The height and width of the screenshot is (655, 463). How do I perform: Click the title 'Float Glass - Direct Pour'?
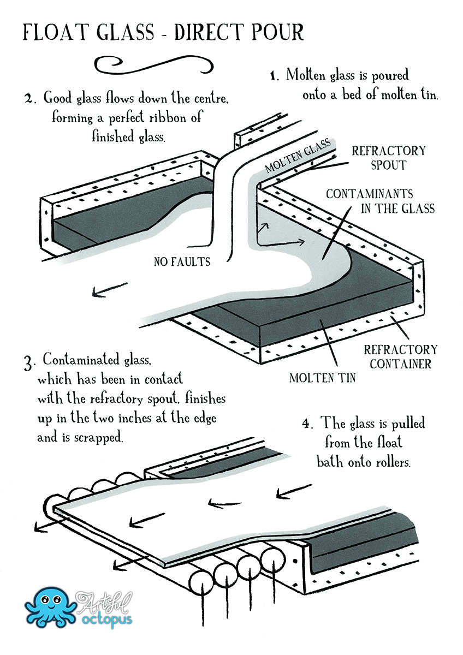click(x=163, y=32)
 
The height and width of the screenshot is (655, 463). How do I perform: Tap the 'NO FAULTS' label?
click(x=182, y=261)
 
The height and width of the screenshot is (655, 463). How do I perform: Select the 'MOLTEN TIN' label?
click(x=322, y=378)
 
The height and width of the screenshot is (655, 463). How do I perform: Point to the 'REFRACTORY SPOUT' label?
click(x=389, y=158)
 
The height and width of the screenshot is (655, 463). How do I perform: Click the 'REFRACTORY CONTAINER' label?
click(x=400, y=357)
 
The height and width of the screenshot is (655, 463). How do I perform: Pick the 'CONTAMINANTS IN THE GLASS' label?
click(x=380, y=201)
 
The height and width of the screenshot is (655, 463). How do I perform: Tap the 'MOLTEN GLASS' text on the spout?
click(x=298, y=155)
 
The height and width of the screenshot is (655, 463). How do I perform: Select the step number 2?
click(x=29, y=99)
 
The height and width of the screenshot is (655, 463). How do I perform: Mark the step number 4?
click(x=308, y=424)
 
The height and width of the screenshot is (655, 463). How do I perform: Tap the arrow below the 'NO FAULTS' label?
click(x=110, y=289)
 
